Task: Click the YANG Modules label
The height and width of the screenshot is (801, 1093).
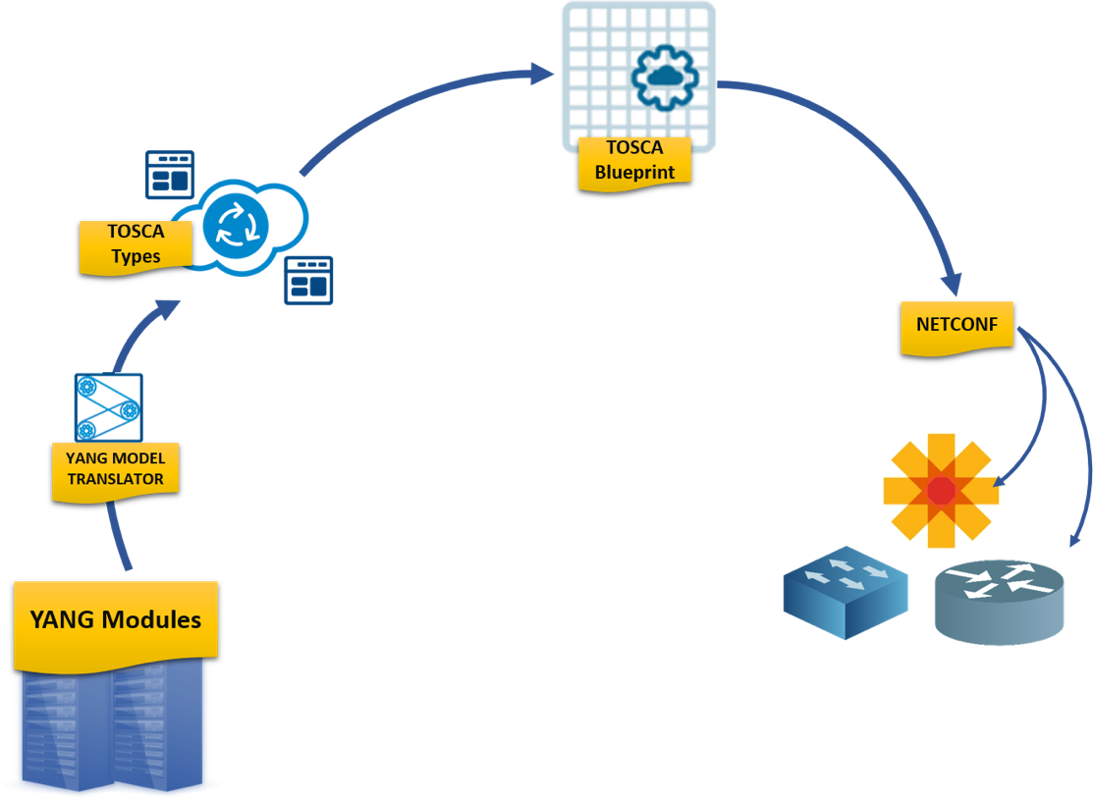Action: click(x=116, y=620)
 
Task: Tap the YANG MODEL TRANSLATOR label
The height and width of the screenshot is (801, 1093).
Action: click(x=108, y=469)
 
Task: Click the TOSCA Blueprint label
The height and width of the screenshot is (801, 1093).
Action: click(x=634, y=160)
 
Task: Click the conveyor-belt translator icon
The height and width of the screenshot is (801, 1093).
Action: click(x=103, y=406)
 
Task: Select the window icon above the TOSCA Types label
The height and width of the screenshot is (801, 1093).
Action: click(x=170, y=175)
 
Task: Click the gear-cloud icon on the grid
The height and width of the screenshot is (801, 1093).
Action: click(x=665, y=75)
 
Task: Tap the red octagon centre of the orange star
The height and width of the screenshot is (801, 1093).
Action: click(x=941, y=490)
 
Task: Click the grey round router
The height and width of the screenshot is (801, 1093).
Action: click(x=999, y=601)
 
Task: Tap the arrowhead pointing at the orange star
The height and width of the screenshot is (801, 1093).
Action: click(x=1003, y=478)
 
